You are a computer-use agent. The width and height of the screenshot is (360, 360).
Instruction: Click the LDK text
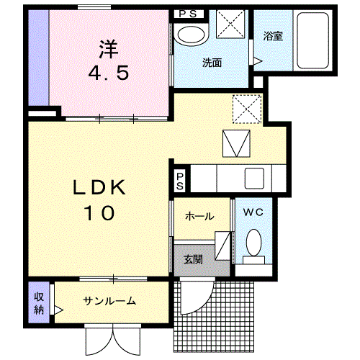click(x=100, y=189)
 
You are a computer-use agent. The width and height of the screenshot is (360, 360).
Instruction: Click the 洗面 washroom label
click(x=211, y=63)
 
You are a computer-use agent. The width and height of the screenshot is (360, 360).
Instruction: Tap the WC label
click(x=252, y=213)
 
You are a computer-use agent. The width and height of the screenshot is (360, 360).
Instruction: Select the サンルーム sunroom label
click(x=109, y=301)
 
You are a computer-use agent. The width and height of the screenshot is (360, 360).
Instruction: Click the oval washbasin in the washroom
click(x=191, y=35)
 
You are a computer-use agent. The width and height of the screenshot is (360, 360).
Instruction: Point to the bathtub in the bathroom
click(x=313, y=40)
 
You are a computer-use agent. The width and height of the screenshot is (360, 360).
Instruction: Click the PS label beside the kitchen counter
click(x=179, y=180)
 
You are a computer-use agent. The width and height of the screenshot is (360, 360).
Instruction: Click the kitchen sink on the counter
click(x=255, y=177)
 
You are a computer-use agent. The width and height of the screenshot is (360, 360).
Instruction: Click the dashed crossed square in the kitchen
click(x=246, y=109)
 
